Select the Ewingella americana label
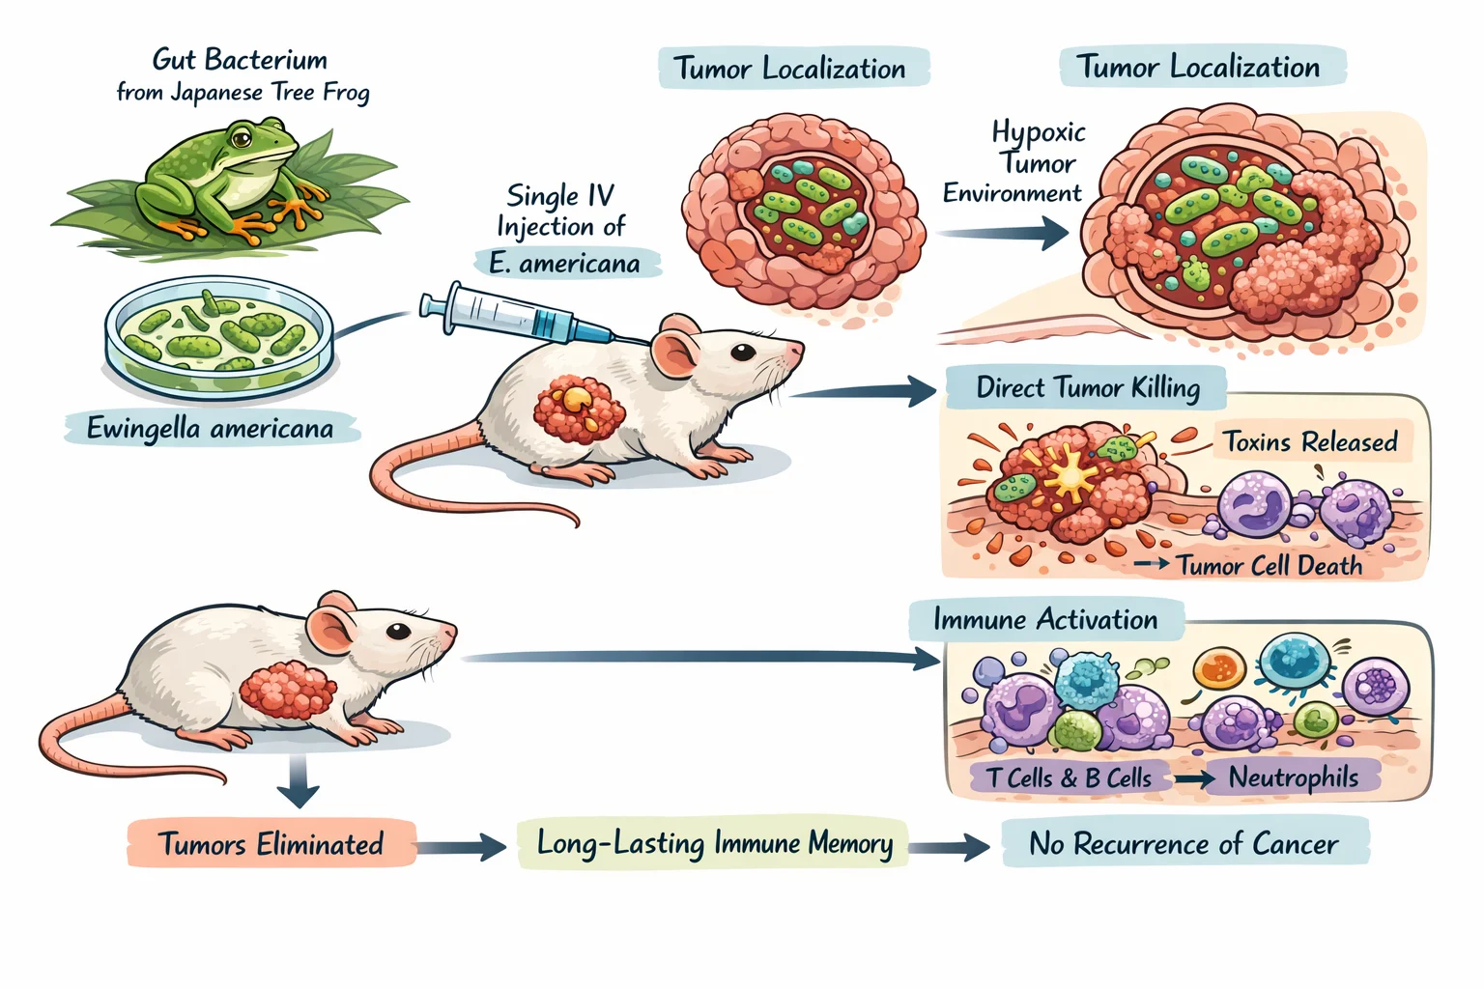211,428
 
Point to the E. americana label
566,263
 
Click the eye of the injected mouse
742,353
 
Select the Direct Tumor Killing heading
1087,387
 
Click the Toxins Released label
1310,441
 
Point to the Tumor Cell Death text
1269,565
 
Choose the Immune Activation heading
1045,619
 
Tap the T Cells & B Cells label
1070,777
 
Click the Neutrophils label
1293,777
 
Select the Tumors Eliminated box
271,844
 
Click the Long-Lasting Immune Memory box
714,843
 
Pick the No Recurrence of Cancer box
1184,843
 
